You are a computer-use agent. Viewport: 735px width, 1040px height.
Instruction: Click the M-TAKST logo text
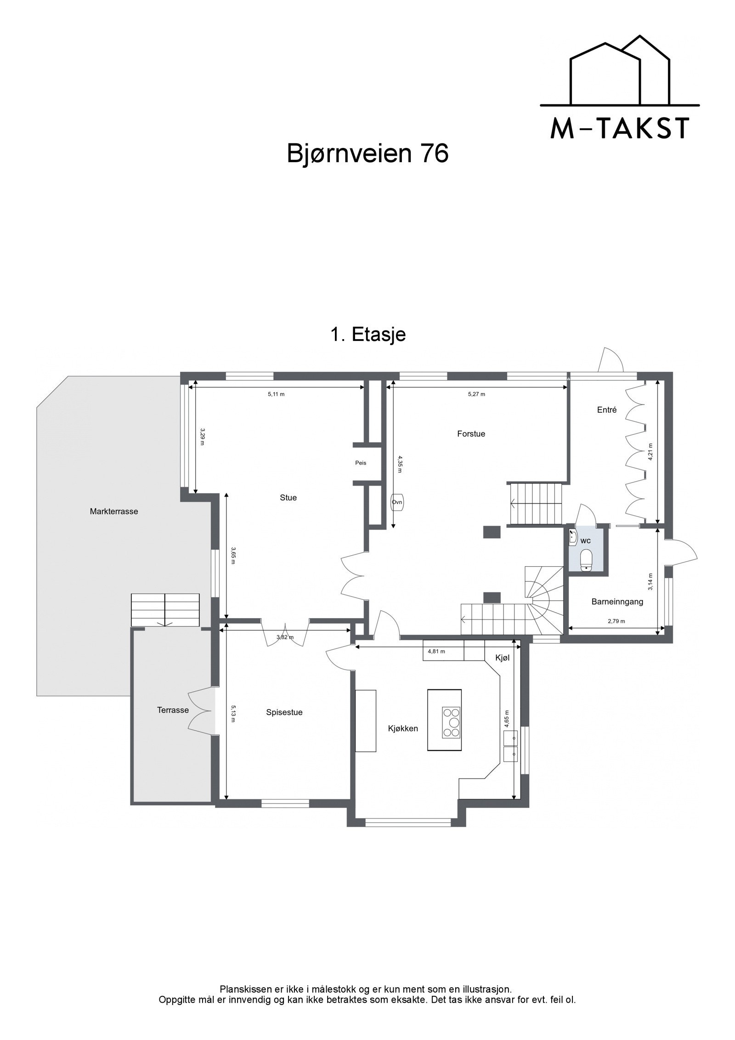click(619, 128)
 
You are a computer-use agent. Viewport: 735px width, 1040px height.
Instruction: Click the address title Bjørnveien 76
click(367, 154)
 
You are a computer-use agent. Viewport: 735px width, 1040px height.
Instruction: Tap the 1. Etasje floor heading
click(367, 335)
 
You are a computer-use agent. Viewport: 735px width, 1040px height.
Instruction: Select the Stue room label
click(288, 498)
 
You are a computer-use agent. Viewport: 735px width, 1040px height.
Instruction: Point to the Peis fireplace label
click(361, 463)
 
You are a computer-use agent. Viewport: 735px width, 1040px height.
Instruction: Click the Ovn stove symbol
click(397, 502)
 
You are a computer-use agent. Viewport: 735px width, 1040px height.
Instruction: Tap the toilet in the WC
click(586, 561)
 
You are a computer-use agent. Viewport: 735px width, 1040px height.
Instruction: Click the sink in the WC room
click(572, 537)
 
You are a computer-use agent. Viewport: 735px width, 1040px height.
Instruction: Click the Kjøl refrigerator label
click(502, 658)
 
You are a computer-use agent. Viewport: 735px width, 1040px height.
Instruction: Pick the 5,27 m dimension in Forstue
click(476, 394)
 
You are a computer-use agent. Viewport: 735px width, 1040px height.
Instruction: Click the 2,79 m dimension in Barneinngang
click(616, 621)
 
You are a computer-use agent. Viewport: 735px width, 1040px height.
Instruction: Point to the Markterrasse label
click(114, 511)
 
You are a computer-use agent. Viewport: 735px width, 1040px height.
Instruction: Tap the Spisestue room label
click(284, 712)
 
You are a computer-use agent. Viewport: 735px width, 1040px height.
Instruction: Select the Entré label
click(607, 410)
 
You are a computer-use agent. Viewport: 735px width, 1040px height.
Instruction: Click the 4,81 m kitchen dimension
click(436, 651)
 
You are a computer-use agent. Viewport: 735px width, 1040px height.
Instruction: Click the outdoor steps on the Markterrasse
click(165, 609)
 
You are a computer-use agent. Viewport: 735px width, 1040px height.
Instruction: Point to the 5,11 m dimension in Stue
click(276, 394)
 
